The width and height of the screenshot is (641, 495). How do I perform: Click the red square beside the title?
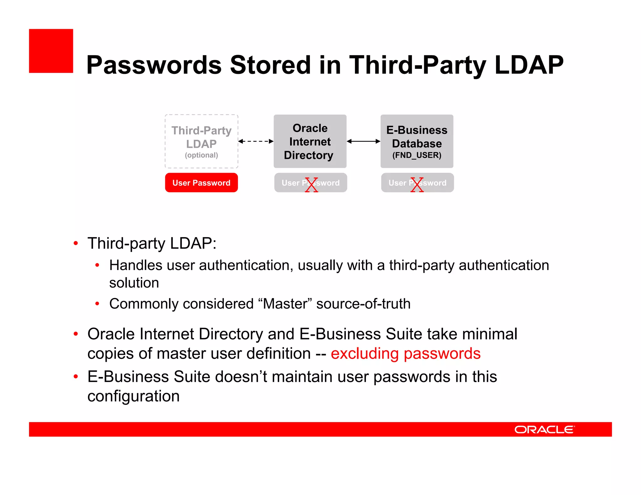point(51,51)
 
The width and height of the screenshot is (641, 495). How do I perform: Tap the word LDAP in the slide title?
point(529,65)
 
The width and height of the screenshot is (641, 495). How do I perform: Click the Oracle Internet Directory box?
point(310,141)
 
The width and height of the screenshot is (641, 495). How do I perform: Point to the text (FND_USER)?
point(417,155)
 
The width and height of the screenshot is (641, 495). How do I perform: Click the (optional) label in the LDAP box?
point(201,155)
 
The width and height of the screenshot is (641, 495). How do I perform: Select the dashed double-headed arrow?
point(256,141)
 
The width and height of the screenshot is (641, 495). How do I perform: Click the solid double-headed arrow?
point(363,141)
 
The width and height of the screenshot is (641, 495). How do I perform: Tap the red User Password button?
point(201,183)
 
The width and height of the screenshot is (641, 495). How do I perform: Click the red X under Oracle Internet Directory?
point(311,185)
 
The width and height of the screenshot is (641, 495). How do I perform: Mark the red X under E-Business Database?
point(417,185)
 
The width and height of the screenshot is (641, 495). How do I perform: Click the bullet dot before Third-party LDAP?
point(75,243)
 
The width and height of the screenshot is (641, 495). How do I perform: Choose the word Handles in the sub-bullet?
point(136,265)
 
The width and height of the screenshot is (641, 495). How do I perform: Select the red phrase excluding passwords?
point(405,354)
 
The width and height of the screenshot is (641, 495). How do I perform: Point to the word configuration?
point(133,396)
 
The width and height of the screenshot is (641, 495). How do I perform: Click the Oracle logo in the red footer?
point(544,430)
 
